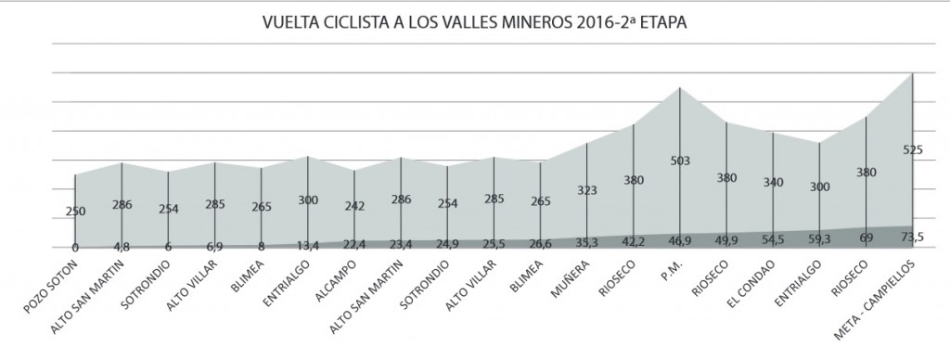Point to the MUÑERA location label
pyautogui.click(x=567, y=277)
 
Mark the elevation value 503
pyautogui.click(x=681, y=161)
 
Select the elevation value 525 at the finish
pyautogui.click(x=912, y=149)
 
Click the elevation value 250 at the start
pyautogui.click(x=75, y=212)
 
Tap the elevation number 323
pyautogui.click(x=587, y=189)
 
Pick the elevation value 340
pyautogui.click(x=773, y=182)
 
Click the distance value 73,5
pyautogui.click(x=912, y=238)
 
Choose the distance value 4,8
pyautogui.click(x=122, y=247)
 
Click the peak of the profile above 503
pyautogui.click(x=681, y=87)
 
